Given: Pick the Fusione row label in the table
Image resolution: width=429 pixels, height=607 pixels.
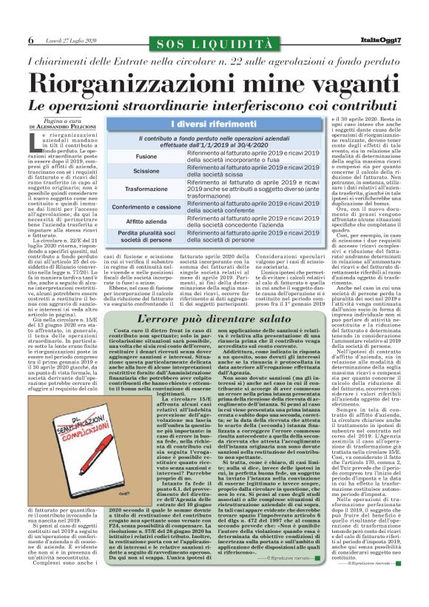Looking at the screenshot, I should coord(146,158).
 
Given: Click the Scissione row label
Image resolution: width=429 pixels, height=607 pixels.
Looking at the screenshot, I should coord(146,172).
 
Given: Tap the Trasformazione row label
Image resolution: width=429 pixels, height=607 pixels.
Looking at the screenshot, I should coord(146,189).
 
